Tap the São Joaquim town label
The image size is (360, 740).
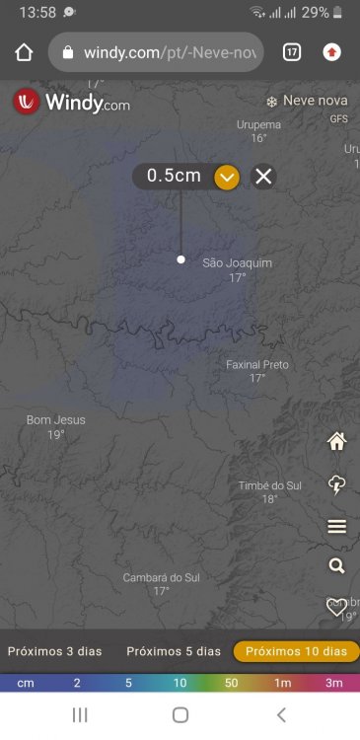[x=237, y=263]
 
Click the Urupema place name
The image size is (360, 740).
[x=258, y=125]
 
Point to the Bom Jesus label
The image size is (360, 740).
[x=55, y=420]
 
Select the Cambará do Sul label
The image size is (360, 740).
[x=161, y=577]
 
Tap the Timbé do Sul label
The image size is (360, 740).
[x=269, y=485]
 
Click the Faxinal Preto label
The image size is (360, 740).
[x=257, y=365]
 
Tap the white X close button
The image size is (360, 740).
[x=263, y=177]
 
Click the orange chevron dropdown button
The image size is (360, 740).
[x=228, y=177]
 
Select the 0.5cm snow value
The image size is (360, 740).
[x=174, y=177]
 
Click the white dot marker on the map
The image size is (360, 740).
[x=180, y=259]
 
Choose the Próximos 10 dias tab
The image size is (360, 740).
[x=296, y=651]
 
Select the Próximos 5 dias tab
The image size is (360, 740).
[x=174, y=651]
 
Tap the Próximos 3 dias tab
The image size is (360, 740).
[x=55, y=651]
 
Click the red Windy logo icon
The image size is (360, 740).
[x=27, y=102]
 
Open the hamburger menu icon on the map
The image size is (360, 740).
[x=337, y=527]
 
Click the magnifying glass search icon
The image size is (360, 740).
[x=337, y=565]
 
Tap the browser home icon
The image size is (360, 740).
[x=25, y=52]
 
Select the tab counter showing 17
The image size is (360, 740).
[x=292, y=52]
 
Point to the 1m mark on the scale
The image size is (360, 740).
[x=282, y=683]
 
